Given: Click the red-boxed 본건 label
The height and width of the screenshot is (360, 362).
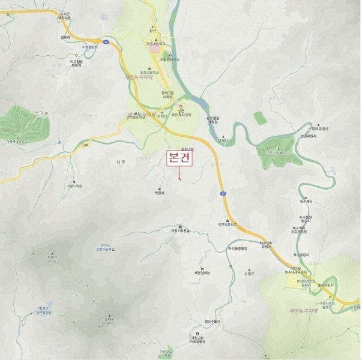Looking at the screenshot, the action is click(179, 158).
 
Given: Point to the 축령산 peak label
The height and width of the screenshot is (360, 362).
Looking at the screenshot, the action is click(109, 321).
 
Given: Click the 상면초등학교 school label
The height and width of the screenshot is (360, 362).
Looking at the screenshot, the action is click(228, 223).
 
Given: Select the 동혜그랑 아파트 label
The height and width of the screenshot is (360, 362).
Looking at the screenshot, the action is click(167, 95).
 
